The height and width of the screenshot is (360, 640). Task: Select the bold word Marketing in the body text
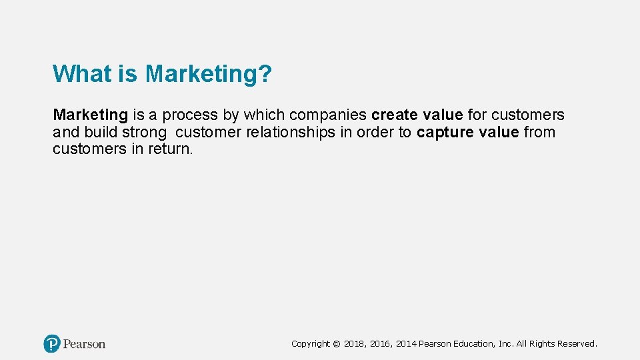point(90,115)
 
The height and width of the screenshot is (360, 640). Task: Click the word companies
point(328,115)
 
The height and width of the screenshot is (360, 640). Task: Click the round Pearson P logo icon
point(52,344)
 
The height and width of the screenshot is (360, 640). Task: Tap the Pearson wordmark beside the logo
point(85,344)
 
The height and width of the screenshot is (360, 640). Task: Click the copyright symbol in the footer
point(336,344)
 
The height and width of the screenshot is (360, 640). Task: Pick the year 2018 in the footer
point(356,344)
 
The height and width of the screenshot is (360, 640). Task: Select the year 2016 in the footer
point(381,344)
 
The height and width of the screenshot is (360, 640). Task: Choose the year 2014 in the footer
point(406,344)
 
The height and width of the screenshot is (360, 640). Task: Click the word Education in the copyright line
point(475,344)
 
